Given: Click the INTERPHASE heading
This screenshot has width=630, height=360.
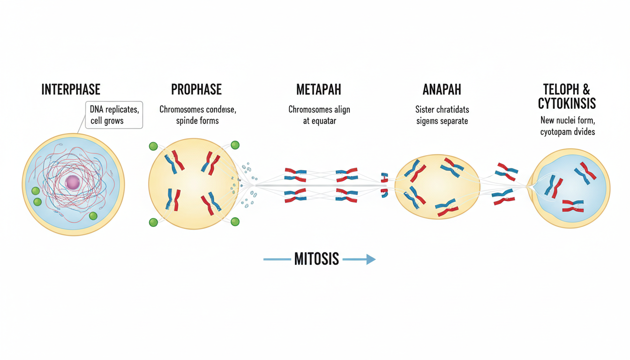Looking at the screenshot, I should (x=71, y=89).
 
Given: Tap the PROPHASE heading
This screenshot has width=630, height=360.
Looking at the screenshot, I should (x=196, y=89).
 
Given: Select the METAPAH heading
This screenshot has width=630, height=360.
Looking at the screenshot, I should (x=319, y=89).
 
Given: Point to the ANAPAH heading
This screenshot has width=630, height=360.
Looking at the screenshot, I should (x=442, y=89).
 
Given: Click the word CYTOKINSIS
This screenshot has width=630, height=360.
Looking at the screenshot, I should (x=567, y=103).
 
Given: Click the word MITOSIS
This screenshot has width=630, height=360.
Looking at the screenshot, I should (x=316, y=259).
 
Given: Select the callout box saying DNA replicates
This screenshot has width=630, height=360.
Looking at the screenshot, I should (x=114, y=115).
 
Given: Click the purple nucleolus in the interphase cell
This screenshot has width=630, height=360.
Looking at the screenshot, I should (x=73, y=182).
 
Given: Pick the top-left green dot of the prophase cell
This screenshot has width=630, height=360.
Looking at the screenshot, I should (x=153, y=146).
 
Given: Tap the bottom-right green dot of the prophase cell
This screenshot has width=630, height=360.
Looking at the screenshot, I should (x=235, y=221).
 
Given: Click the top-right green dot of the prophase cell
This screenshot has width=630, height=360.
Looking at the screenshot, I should (x=235, y=145).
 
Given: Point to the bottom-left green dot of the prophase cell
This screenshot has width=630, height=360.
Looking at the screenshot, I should (x=153, y=222).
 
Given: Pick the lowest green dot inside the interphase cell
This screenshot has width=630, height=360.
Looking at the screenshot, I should (x=93, y=216).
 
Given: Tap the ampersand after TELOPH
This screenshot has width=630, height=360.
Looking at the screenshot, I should (x=586, y=89).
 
